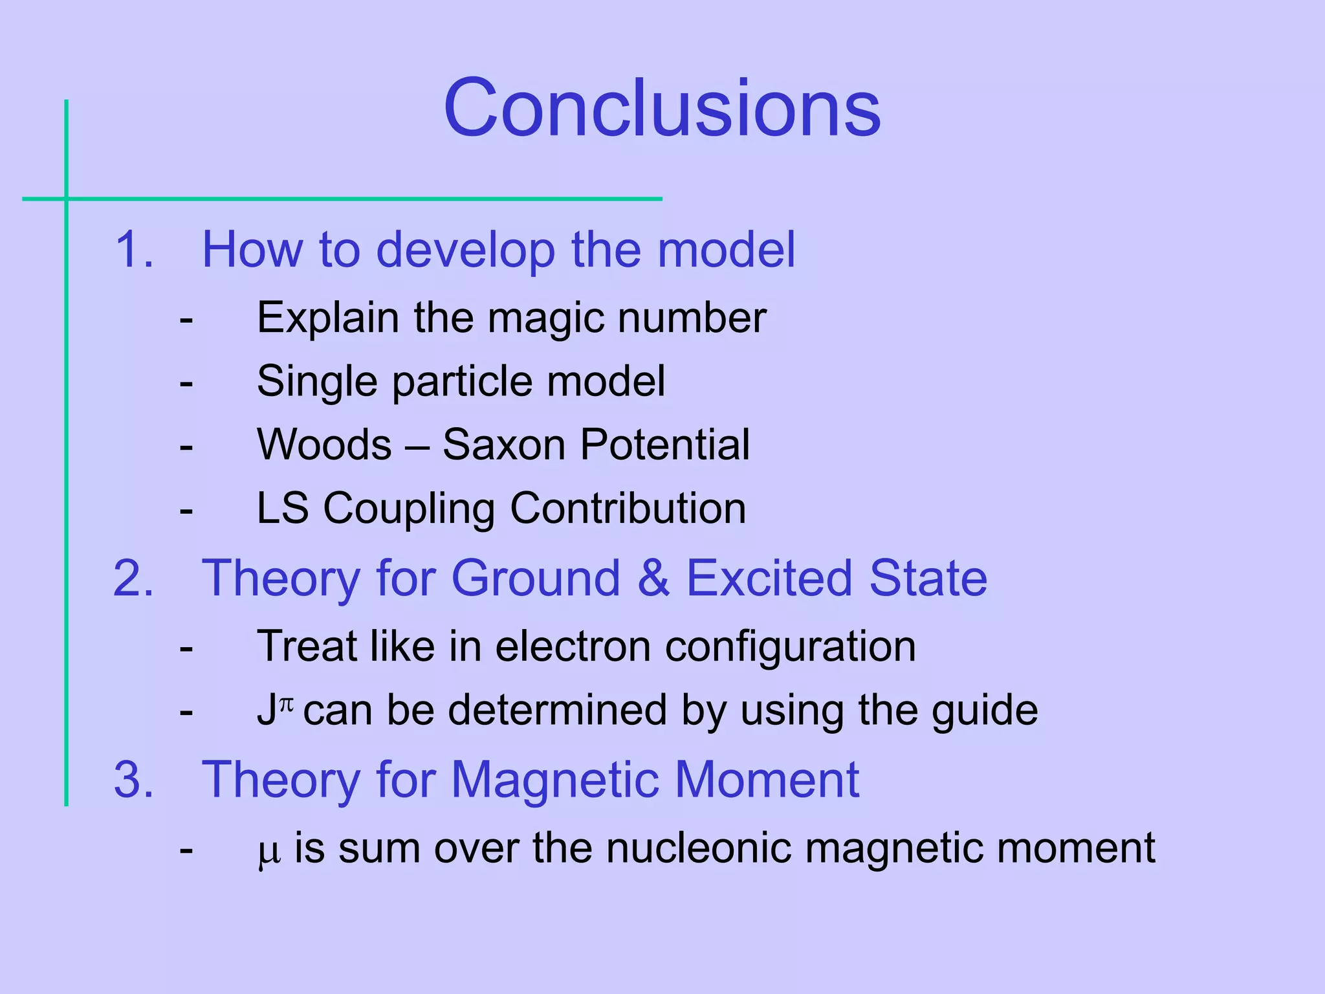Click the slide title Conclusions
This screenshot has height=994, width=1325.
click(x=661, y=108)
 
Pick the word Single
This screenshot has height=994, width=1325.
click(x=316, y=382)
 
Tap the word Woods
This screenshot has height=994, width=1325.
click(x=324, y=445)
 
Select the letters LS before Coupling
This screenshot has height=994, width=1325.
click(x=283, y=508)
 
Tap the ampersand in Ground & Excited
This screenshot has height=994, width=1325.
click(x=653, y=578)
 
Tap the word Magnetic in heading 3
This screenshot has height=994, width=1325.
click(x=554, y=779)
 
